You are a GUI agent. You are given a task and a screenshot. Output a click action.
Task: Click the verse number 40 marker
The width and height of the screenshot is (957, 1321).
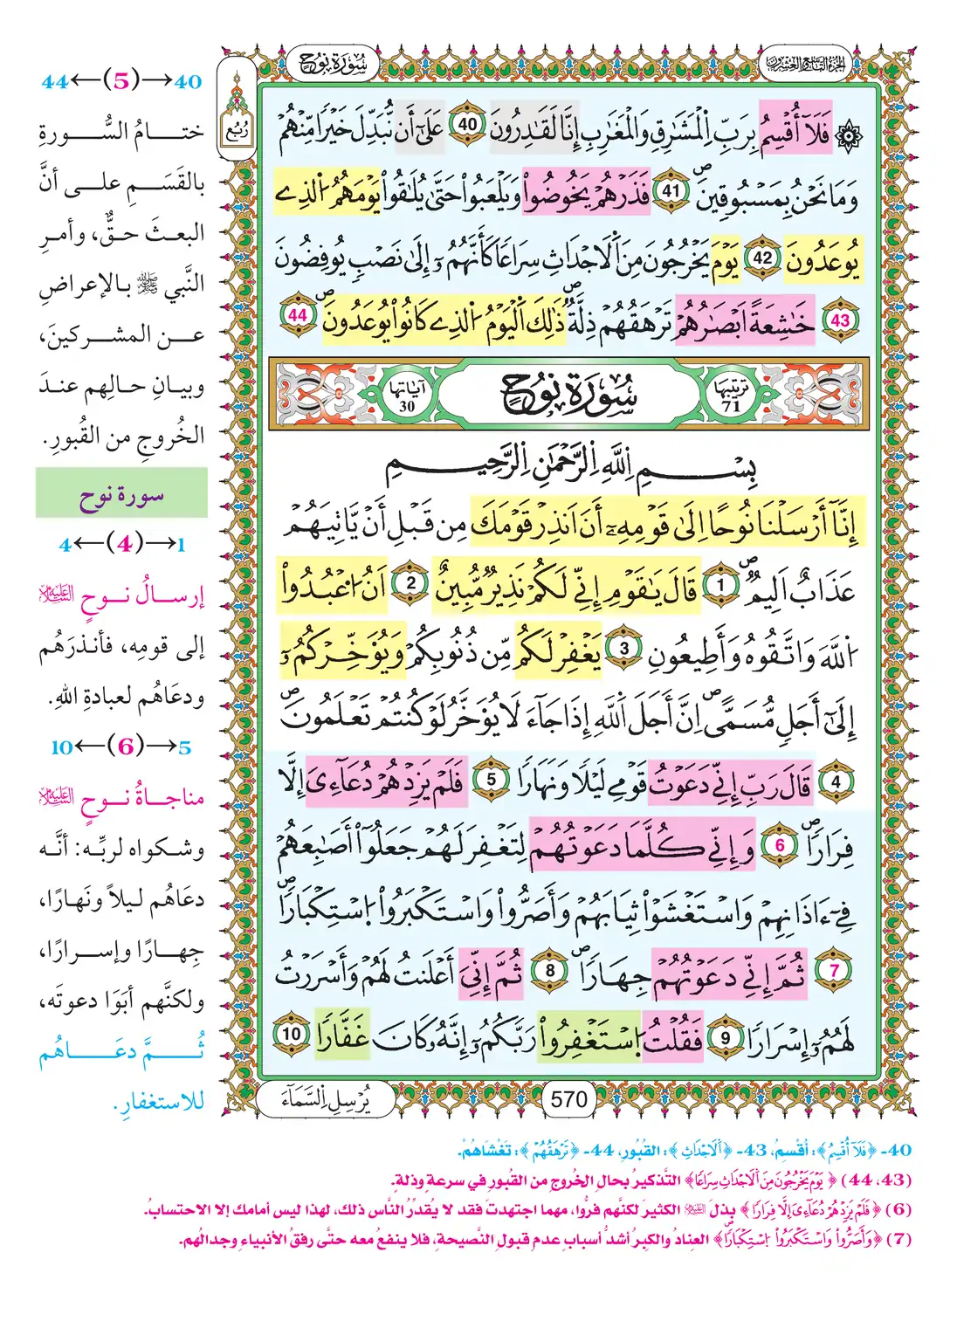(469, 125)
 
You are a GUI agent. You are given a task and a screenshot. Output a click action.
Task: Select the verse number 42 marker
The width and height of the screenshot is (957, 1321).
(762, 258)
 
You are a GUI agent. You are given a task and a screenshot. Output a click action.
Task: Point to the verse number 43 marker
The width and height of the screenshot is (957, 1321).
(839, 320)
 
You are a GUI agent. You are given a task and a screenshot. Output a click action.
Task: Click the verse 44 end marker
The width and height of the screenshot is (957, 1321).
(298, 315)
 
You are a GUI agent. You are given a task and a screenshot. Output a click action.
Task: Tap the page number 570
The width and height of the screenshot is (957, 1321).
(568, 1099)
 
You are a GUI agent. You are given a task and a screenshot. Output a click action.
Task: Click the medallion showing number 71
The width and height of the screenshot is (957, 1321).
(731, 396)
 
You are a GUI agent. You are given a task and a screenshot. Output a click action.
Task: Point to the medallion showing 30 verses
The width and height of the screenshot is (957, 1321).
(407, 396)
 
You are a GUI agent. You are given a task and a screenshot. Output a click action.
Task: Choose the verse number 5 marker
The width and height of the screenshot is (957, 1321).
(492, 780)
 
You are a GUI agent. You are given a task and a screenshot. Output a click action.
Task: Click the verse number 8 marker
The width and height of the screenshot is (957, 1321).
(550, 971)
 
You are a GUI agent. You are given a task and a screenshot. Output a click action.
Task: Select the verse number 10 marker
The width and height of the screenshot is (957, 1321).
(291, 1034)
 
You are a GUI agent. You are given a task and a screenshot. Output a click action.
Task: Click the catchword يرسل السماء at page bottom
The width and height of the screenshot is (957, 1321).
(326, 1100)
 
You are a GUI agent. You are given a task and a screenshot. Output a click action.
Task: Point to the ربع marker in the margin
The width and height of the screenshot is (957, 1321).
(236, 134)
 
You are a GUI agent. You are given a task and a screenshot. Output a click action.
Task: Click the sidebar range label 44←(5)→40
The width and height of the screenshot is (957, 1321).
(121, 81)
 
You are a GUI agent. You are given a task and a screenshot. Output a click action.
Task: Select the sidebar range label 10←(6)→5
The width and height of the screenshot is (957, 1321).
(121, 747)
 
